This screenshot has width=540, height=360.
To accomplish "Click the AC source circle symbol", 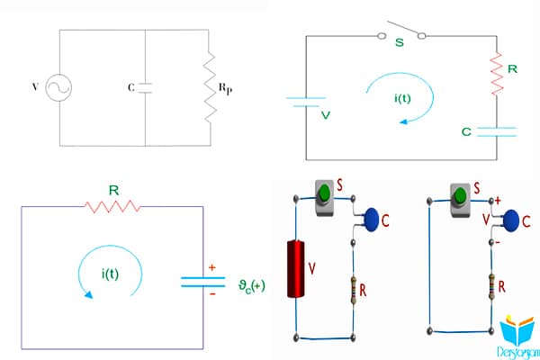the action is (x=58, y=87).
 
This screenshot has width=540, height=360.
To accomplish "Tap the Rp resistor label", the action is (x=225, y=88).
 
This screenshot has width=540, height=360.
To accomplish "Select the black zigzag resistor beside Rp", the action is (x=210, y=86).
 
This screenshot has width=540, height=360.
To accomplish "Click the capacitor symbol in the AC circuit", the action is (x=145, y=88).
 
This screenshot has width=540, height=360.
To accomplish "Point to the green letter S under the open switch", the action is (x=400, y=42).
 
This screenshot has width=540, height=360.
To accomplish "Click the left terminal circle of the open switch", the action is (x=382, y=35).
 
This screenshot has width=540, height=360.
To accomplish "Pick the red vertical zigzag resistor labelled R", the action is (x=497, y=74).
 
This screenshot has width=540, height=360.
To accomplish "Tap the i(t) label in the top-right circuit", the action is (x=402, y=98).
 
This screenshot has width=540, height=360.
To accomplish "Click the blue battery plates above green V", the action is (x=306, y=102).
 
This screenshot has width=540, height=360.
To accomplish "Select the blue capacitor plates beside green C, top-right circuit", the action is (x=497, y=132).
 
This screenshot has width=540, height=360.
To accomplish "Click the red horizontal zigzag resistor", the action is (x=112, y=206).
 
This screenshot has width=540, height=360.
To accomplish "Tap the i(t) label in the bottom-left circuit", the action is (x=110, y=274).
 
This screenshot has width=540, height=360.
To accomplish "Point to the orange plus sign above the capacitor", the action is (x=212, y=267).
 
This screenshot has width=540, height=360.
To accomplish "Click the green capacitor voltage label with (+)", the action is (x=252, y=286).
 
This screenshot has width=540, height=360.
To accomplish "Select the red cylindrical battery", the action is (x=296, y=269).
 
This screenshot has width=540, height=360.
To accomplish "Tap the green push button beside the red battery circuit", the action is (x=324, y=193).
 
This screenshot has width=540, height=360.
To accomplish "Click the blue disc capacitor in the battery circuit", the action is (x=371, y=220).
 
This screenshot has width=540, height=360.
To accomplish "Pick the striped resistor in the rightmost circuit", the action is (x=491, y=286).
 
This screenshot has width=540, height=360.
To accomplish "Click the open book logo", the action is (x=517, y=329).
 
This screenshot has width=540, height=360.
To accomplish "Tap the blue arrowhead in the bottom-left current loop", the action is (x=89, y=295).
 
